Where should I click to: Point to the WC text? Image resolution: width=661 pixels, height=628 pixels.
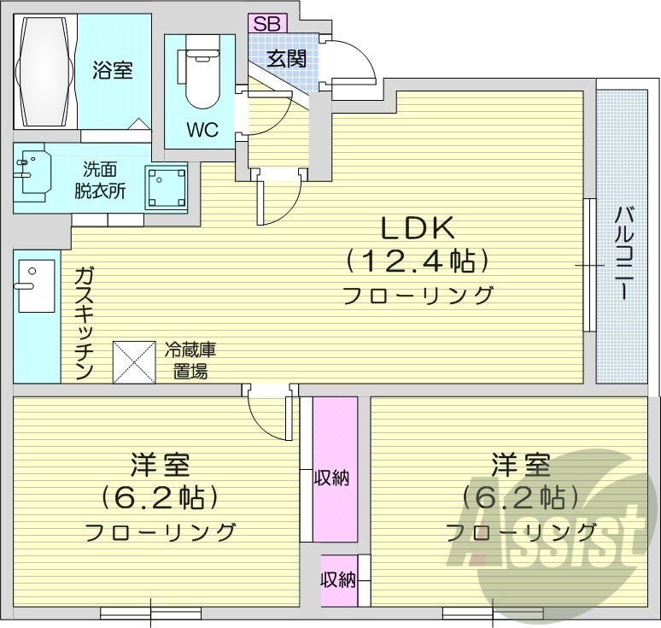202,130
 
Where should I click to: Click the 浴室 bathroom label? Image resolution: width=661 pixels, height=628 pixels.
113,71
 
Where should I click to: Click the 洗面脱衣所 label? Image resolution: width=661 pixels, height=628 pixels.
100,180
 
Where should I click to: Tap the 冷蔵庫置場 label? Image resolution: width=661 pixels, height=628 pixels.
190,361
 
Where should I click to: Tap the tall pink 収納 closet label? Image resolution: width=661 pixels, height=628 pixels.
334,478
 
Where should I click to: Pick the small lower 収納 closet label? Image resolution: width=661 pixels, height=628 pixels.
337,580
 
